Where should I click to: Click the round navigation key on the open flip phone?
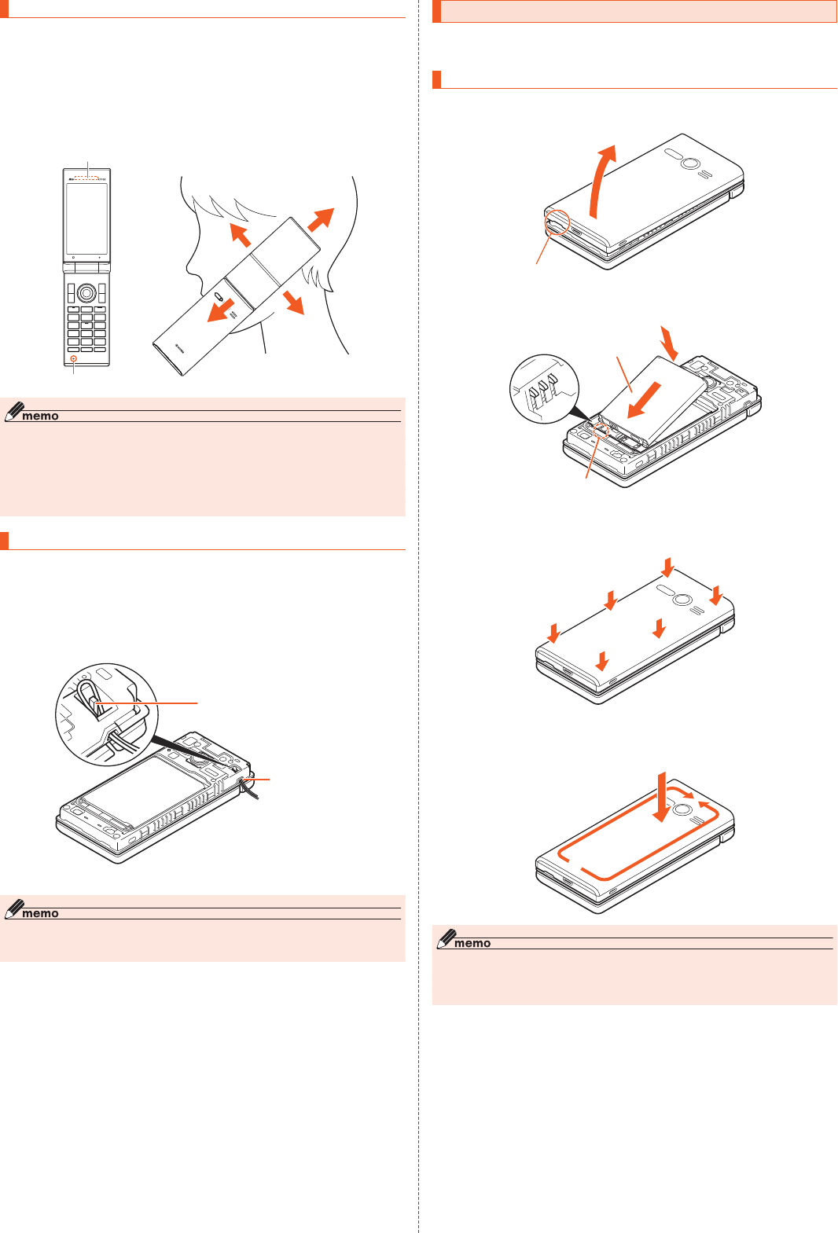pyautogui.click(x=86, y=293)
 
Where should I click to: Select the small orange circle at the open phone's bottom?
pyautogui.click(x=73, y=358)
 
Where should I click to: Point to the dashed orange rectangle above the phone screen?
pyautogui.click(x=86, y=178)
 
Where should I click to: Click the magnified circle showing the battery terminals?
pyautogui.click(x=544, y=389)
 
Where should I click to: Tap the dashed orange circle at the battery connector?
pyautogui.click(x=601, y=431)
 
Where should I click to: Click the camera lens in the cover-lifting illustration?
pyautogui.click(x=689, y=163)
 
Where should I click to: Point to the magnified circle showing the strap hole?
pyautogui.click(x=107, y=714)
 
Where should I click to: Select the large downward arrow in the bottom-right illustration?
pyautogui.click(x=662, y=797)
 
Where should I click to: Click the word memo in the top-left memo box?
pyautogui.click(x=40, y=417)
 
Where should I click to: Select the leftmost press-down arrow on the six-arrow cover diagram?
pyautogui.click(x=554, y=633)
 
